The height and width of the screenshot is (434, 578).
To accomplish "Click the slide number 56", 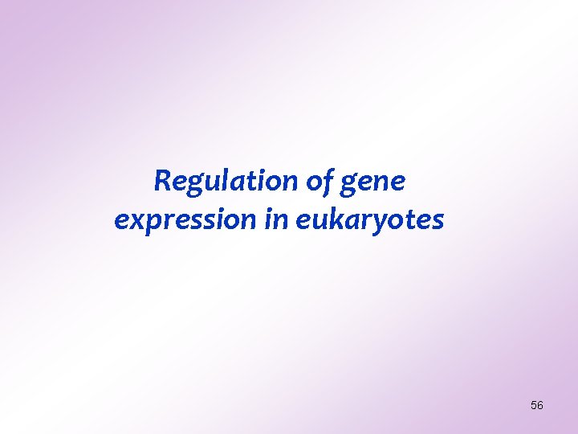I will point(537,406).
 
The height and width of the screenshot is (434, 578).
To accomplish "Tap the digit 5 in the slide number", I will point(534,406).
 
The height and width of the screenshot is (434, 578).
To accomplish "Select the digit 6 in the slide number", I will point(540,406).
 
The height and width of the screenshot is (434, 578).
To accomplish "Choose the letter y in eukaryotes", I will point(380,222).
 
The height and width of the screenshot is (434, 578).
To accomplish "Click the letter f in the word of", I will point(328,182).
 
